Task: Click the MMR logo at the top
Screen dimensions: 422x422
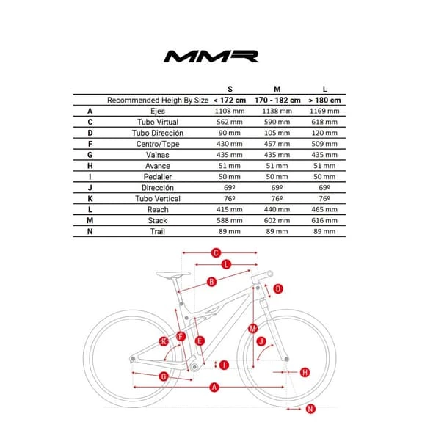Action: click(x=211, y=57)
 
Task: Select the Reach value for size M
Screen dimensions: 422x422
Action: click(x=277, y=209)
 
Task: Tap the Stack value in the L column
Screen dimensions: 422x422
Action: click(x=324, y=220)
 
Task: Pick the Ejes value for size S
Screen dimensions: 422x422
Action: click(x=230, y=111)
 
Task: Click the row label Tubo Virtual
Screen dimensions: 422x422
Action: click(x=158, y=122)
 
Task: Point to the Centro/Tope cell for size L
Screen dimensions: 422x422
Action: click(x=324, y=144)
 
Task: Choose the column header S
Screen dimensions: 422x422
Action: click(x=230, y=89)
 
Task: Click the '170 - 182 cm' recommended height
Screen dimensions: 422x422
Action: click(x=277, y=100)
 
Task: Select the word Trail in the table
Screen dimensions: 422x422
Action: click(x=158, y=231)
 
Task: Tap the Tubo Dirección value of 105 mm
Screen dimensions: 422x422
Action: click(x=277, y=133)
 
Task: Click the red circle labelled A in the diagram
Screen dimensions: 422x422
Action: click(x=214, y=388)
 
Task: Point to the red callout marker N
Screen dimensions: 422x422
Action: click(x=310, y=409)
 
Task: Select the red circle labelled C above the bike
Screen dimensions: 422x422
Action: click(x=216, y=253)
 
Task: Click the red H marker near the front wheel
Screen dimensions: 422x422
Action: click(x=305, y=373)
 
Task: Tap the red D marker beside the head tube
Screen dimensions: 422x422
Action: click(x=278, y=289)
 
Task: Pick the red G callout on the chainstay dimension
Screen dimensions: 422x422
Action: click(x=164, y=376)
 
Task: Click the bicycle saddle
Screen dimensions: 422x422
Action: click(x=173, y=274)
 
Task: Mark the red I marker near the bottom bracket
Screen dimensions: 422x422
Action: click(x=224, y=365)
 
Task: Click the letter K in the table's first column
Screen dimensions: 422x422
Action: click(x=90, y=199)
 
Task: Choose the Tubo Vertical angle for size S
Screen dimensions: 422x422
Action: click(x=230, y=199)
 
